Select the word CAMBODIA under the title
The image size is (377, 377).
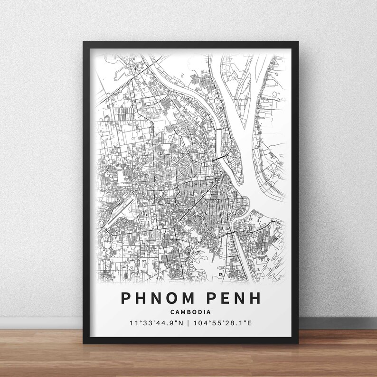pos(189,311)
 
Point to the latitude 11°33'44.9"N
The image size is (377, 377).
pos(155,323)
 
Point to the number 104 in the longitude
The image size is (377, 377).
pos(199,323)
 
